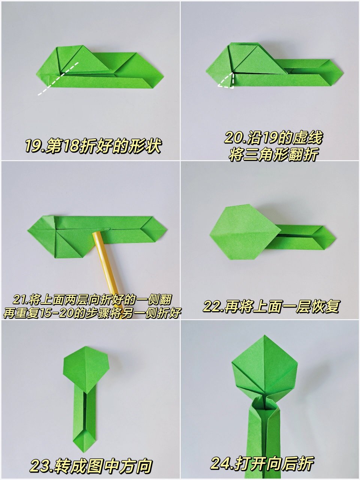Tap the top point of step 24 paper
click(265, 336)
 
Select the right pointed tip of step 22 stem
click(334, 237)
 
